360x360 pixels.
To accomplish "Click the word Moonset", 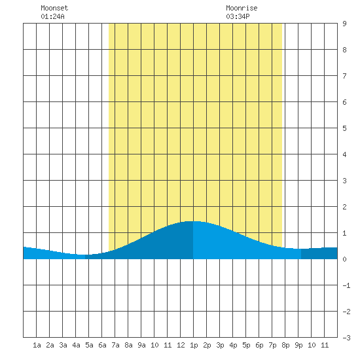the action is pos(54,8).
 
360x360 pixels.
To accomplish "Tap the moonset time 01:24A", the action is pos(52,16).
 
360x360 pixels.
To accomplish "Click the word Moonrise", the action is pos(242,8).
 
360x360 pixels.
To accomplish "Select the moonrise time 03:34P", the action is pos(238,16).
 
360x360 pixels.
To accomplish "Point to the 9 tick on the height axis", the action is pos(344,24).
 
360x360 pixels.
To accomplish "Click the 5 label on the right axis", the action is pos(344,128).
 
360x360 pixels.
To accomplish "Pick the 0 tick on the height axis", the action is pos(344,259).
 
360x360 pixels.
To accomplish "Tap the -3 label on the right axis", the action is pos(346,338).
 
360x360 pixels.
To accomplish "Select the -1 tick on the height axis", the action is pos(346,285).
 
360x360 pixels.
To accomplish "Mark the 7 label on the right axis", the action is pos(344,76).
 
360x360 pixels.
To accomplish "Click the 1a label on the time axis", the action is pos(37,345).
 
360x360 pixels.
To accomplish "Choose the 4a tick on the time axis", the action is pos(76,345).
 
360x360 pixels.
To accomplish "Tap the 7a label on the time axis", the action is pos(115,345).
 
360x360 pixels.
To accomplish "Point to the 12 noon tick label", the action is pos(181,345).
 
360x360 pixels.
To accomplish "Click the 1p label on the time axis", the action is pos(194,346).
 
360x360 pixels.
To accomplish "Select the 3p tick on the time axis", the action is pos(220,346).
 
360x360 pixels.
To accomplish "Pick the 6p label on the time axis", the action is pos(259,346).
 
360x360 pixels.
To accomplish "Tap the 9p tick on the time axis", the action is pos(298,346).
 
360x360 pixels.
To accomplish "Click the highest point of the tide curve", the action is pos(192,221).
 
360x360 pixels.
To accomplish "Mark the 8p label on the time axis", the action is pos(285,346).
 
